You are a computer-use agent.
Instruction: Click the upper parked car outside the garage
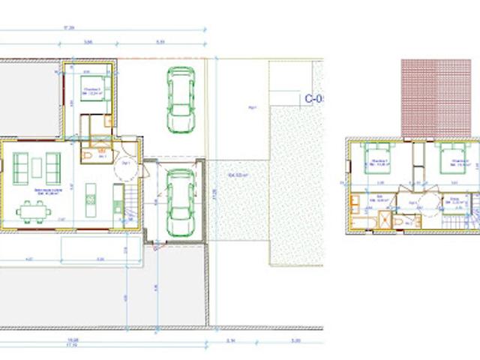(x=181, y=98)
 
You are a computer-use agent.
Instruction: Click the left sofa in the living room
(x=20, y=168)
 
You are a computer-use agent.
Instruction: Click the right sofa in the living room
(x=53, y=168)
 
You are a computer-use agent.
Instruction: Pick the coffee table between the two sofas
(x=37, y=169)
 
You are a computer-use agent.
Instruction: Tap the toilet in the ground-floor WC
(x=88, y=154)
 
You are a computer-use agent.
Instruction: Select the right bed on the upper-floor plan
(x=451, y=160)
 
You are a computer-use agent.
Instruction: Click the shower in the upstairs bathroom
(x=385, y=219)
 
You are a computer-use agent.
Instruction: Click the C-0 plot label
(x=313, y=98)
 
